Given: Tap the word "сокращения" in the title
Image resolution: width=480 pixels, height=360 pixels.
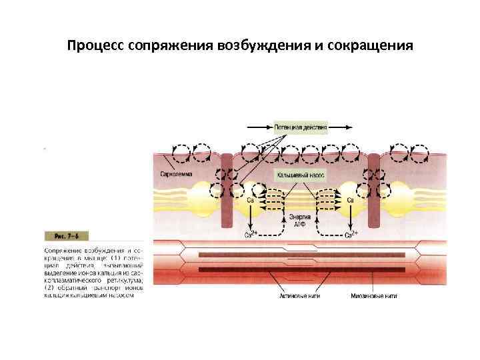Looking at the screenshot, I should pos(374,47).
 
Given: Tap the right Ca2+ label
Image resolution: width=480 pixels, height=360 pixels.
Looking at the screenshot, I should pos(351,234).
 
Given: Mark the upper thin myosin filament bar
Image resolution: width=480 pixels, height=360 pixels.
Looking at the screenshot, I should pos(301,255).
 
